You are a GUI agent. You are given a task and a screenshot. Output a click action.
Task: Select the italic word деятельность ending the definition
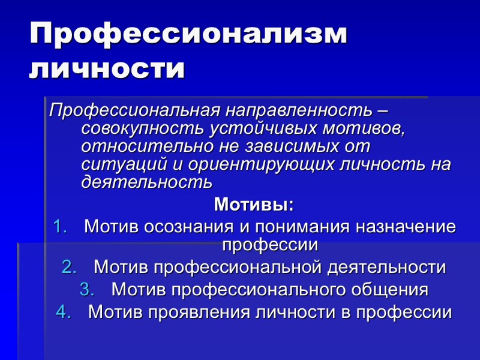pyautogui.click(x=146, y=181)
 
